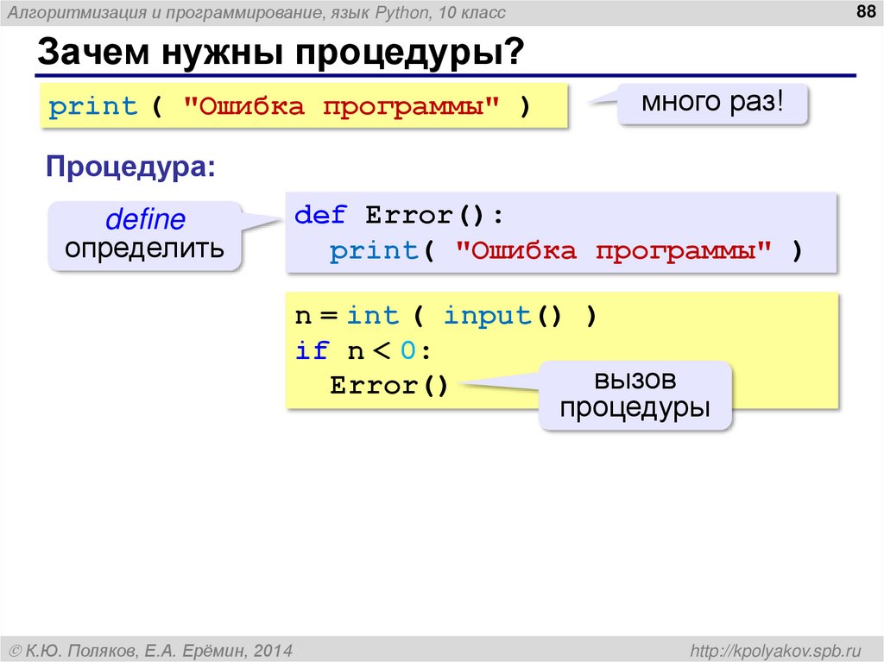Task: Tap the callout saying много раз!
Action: pyautogui.click(x=712, y=104)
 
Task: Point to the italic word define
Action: pyautogui.click(x=145, y=220)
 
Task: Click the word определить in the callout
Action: pyautogui.click(x=145, y=249)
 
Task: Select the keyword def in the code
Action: pyautogui.click(x=320, y=215)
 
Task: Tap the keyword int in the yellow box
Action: pyautogui.click(x=373, y=316)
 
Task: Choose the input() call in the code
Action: pyautogui.click(x=502, y=316)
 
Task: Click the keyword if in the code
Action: pyautogui.click(x=311, y=350)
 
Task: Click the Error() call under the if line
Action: pyautogui.click(x=388, y=385)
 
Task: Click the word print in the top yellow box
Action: pyautogui.click(x=93, y=107)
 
